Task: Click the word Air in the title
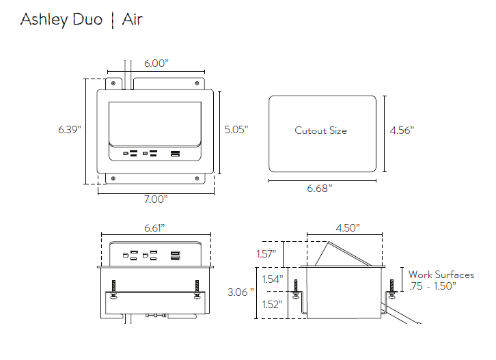(132, 19)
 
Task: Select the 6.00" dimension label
(156, 64)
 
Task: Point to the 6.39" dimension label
(70, 129)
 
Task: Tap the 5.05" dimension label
(236, 129)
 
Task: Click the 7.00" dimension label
(155, 199)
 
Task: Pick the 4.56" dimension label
(402, 130)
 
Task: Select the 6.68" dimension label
(320, 188)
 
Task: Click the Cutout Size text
(320, 130)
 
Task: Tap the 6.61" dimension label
(154, 227)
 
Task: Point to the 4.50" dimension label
(348, 227)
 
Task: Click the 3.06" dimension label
(240, 292)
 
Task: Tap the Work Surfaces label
(441, 275)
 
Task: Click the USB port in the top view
(176, 154)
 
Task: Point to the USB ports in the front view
(176, 256)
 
